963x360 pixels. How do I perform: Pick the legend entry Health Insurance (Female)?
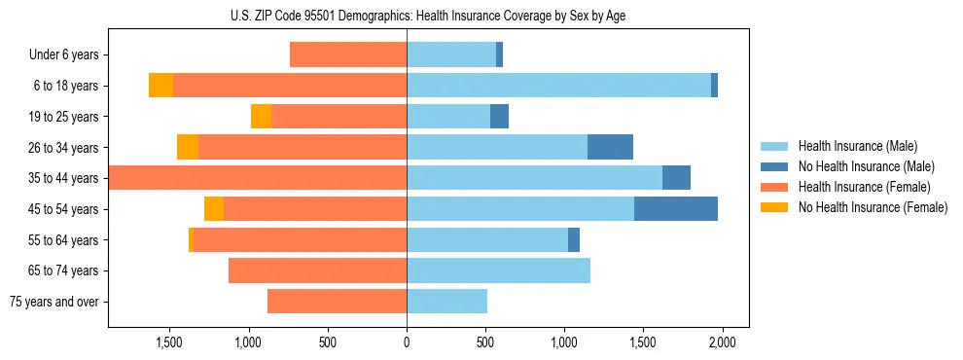(865, 187)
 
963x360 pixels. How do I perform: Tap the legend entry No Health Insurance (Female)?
(873, 207)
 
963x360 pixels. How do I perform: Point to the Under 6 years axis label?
(63, 55)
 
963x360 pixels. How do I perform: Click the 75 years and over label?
(53, 302)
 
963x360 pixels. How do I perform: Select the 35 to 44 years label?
(63, 178)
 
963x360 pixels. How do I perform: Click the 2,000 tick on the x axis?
(722, 343)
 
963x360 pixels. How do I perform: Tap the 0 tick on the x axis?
(407, 343)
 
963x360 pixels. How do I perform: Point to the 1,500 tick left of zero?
(169, 343)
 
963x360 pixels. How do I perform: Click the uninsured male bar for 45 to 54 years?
(676, 208)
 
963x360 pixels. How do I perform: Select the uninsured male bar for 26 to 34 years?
(610, 147)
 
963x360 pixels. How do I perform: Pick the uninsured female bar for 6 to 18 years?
(160, 86)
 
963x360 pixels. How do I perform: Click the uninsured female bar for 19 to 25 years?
(261, 117)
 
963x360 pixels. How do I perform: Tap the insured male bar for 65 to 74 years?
(498, 270)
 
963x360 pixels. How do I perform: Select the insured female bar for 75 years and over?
(337, 302)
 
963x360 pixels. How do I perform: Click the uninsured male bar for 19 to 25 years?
(499, 117)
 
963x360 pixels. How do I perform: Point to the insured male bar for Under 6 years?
(451, 55)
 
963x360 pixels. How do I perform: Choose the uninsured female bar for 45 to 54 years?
(214, 208)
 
